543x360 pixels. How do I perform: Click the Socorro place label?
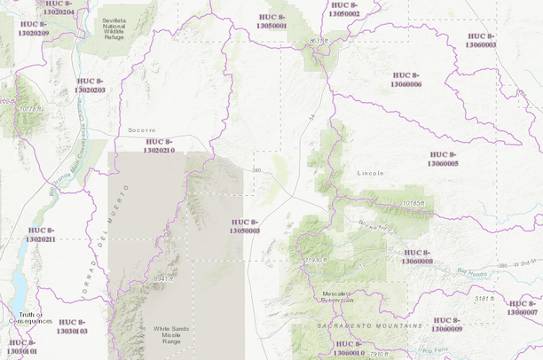[142, 129]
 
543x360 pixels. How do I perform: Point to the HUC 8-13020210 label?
[159, 146]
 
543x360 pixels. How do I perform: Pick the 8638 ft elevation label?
[319, 41]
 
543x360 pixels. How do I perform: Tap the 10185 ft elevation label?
[413, 203]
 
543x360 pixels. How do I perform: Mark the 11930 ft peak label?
[315, 261]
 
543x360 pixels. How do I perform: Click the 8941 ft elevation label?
[165, 278]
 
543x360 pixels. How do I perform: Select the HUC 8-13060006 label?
[405, 79]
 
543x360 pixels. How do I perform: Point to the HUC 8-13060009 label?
[446, 324]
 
